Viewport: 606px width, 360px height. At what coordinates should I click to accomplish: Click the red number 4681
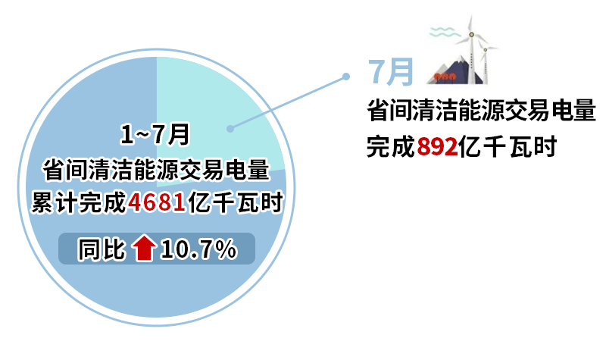click(157, 202)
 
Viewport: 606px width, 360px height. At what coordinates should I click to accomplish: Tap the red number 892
click(437, 147)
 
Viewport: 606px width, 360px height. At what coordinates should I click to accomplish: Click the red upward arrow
click(144, 248)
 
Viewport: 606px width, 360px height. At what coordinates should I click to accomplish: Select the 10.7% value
click(198, 249)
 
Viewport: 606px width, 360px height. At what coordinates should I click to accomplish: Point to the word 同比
click(102, 249)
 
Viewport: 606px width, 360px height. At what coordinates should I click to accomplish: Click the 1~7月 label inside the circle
click(155, 135)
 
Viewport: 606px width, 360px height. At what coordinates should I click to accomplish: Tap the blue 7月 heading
click(391, 72)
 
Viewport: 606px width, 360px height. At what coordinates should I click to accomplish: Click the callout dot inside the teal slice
click(230, 129)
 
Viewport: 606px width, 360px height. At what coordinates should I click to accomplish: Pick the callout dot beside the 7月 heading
click(346, 77)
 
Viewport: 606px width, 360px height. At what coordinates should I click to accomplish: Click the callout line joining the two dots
click(288, 103)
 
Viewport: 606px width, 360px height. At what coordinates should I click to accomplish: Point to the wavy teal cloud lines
click(445, 32)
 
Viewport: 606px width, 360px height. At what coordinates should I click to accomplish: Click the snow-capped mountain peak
click(460, 61)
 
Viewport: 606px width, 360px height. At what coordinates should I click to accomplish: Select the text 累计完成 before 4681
click(79, 202)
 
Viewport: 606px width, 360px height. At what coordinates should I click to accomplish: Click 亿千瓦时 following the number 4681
click(235, 202)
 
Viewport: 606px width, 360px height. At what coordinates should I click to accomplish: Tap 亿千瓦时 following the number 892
click(508, 147)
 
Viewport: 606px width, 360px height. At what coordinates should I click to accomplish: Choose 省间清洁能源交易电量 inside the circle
click(156, 170)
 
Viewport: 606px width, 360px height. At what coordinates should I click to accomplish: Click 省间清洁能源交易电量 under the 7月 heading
click(481, 110)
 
